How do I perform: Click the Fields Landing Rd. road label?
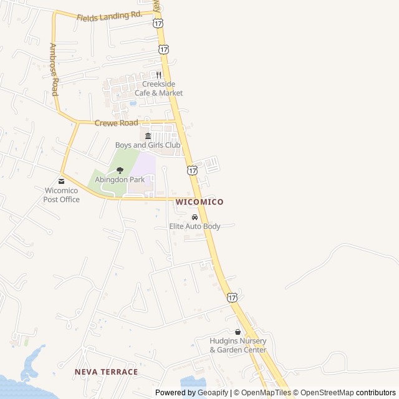[109, 16]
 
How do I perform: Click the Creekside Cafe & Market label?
[159, 89]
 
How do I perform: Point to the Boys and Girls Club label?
[148, 145]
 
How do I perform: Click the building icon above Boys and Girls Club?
[148, 136]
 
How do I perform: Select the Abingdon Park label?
[120, 180]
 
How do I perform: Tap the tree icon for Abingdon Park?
[120, 170]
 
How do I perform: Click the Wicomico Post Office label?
[61, 195]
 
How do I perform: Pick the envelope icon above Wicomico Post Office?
[61, 181]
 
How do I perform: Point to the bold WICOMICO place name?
[199, 202]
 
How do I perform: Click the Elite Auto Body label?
[195, 226]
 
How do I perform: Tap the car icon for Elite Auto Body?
[195, 217]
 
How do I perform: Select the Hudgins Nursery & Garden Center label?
[238, 345]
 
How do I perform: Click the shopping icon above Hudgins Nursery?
[238, 332]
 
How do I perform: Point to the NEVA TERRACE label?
[106, 372]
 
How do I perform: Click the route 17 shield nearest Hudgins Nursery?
[232, 298]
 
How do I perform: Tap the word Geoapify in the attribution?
[213, 393]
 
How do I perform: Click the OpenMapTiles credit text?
[266, 393]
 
